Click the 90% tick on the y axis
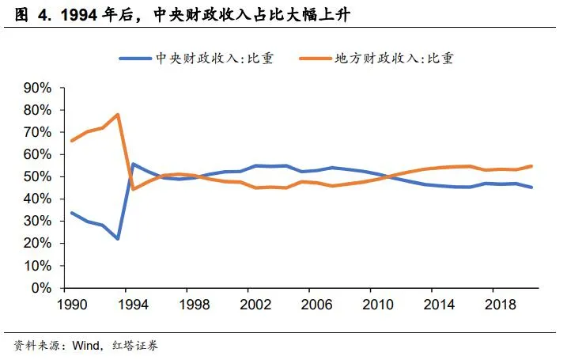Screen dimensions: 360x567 (x=37, y=87)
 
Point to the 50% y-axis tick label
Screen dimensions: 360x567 (x=37, y=176)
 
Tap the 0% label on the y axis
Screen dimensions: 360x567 (x=41, y=288)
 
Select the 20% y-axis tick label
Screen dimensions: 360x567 (x=37, y=244)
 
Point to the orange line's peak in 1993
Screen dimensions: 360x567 (x=118, y=114)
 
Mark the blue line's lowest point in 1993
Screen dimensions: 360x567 (x=118, y=239)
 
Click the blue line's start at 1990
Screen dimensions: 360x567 (x=71, y=213)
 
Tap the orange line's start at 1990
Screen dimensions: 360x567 (x=71, y=141)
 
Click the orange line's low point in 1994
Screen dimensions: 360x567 (x=133, y=189)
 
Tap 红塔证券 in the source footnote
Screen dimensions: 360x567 (x=142, y=346)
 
